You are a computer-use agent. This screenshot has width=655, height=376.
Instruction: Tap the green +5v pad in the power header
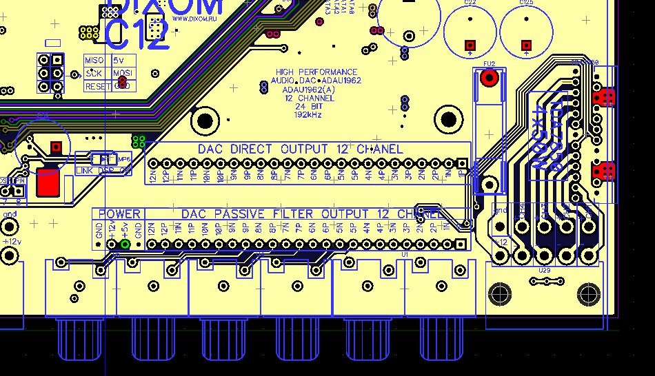[x=125, y=244]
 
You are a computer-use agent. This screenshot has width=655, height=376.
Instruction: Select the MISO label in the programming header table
[x=93, y=61]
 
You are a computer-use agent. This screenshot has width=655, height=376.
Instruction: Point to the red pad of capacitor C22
[x=470, y=45]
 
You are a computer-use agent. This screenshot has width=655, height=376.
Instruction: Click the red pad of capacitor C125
[x=527, y=45]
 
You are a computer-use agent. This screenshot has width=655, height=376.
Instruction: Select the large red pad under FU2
[x=490, y=77]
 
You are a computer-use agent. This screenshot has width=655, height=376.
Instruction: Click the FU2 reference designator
[x=490, y=64]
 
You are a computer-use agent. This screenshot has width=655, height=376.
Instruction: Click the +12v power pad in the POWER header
[x=112, y=244]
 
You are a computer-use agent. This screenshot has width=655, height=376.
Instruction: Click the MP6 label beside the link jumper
[x=125, y=158]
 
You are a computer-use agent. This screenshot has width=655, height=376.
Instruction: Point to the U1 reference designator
[x=405, y=255]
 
